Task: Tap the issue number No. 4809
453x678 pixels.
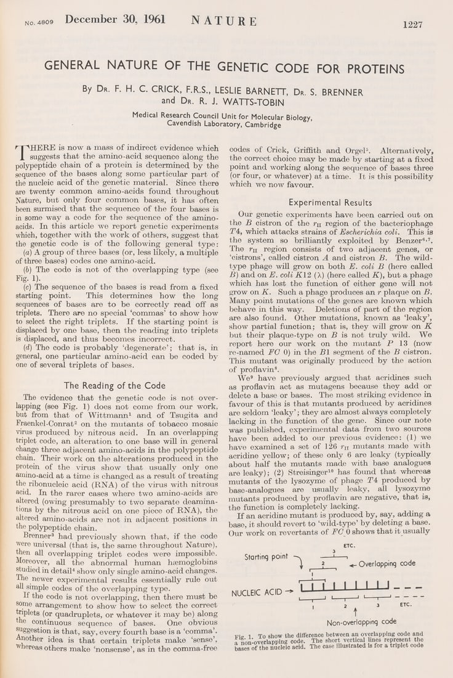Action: point(39,22)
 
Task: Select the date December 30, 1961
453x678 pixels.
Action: point(115,19)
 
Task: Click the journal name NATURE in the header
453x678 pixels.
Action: point(224,21)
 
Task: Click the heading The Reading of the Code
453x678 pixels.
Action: point(114,386)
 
